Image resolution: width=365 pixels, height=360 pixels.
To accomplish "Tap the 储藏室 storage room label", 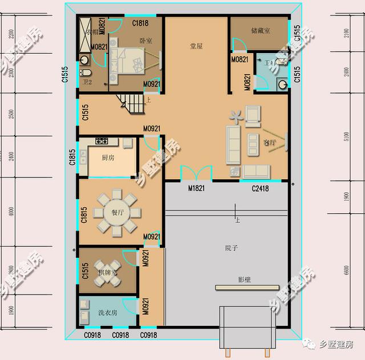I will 259,30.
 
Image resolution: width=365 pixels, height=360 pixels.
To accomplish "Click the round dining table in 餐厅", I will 117,213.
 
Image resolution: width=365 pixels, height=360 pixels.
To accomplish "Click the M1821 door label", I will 196,188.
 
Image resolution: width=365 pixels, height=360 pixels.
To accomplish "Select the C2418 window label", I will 260,188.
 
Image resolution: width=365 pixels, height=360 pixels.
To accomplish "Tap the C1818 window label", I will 140,23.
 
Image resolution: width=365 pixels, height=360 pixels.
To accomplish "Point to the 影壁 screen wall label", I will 245,280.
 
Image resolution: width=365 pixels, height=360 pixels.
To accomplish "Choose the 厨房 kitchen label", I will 108,157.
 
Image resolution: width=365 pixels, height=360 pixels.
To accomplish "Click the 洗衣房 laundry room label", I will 107,313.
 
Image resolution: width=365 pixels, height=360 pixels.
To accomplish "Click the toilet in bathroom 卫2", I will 86,74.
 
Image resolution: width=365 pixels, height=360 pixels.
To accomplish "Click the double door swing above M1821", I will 193,173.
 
